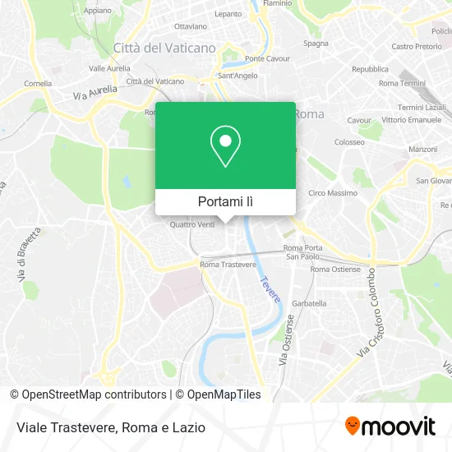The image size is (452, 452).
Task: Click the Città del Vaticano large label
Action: [x=164, y=48]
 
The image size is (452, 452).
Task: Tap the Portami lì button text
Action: [x=225, y=201]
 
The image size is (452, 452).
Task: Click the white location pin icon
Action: [x=225, y=146]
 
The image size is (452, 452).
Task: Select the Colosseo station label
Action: [x=349, y=141]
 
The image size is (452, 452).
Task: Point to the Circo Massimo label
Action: [x=331, y=192]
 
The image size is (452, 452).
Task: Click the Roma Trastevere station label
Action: [x=228, y=265]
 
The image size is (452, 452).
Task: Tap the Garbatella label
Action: [x=309, y=303]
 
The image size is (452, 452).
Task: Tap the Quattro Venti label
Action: [x=191, y=224]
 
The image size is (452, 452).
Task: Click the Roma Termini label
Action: [x=401, y=84]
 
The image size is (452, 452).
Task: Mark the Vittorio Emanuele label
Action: [x=412, y=119]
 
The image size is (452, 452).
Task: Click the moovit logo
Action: [x=390, y=427]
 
